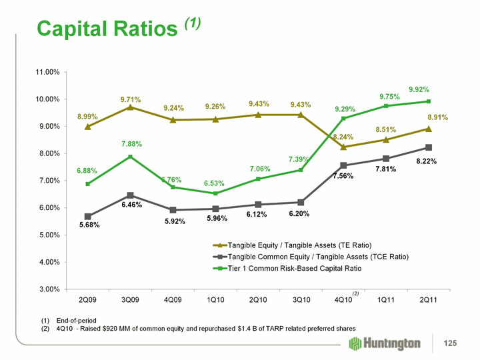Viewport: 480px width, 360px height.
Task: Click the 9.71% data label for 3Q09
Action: (x=131, y=99)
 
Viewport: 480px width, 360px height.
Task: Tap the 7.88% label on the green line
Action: (x=131, y=143)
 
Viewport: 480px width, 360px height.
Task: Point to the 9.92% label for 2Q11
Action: (x=419, y=89)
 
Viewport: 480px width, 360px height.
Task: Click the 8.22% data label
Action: (x=427, y=161)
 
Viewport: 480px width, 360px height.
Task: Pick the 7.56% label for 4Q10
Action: (x=343, y=176)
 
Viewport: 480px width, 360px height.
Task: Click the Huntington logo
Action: (x=385, y=343)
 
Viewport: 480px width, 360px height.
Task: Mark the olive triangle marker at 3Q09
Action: (x=131, y=107)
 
